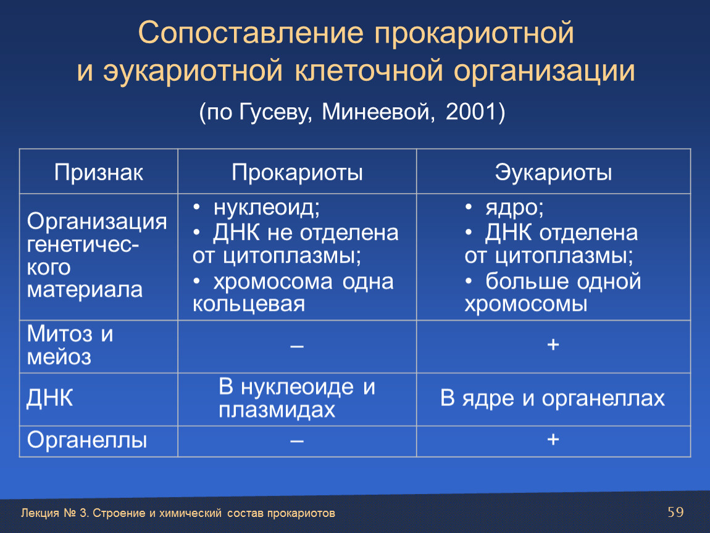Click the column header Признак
coord(99,172)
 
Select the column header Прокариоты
coord(297,172)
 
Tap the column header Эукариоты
coord(553,172)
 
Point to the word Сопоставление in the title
coord(251,33)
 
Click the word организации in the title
coord(545,72)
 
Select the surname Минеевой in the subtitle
coord(377,112)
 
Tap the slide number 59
coord(675,512)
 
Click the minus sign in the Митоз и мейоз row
coord(297,347)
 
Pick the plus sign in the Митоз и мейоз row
coord(553,345)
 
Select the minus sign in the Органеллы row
coord(297,440)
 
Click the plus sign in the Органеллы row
coord(553,439)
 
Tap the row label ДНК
coord(50,398)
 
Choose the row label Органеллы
coord(87,440)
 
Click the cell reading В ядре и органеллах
coord(553,398)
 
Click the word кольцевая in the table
coord(249,304)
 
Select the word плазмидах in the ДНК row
coord(277,410)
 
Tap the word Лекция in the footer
coord(40,513)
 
